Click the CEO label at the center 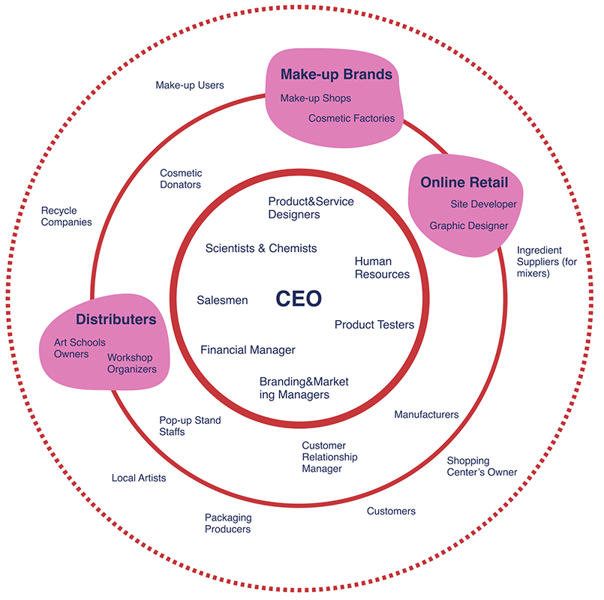299,299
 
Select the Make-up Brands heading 336,75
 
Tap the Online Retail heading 464,183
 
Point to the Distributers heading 116,320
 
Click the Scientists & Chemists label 261,248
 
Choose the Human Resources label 382,268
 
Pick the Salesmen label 222,300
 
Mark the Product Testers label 374,325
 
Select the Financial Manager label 248,349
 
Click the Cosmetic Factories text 351,118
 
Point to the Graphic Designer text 468,226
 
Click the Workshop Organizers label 131,363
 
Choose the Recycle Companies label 66,217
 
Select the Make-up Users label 190,85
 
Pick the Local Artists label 139,478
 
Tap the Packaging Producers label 228,523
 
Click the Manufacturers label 426,415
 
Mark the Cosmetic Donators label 181,179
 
